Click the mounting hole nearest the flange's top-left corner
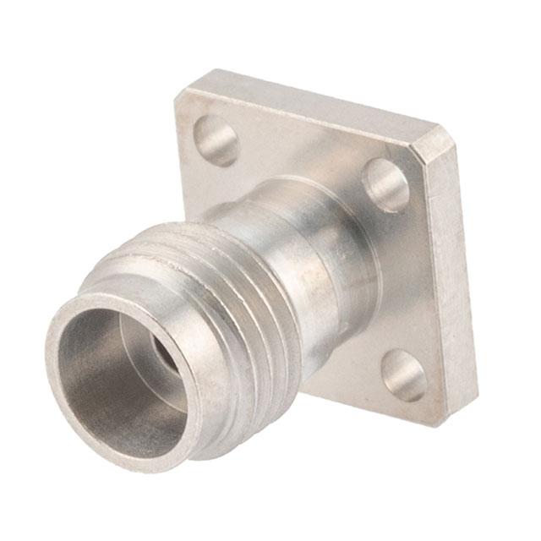click(216, 140)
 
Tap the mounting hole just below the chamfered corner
click(386, 184)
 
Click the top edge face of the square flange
click(304, 101)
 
